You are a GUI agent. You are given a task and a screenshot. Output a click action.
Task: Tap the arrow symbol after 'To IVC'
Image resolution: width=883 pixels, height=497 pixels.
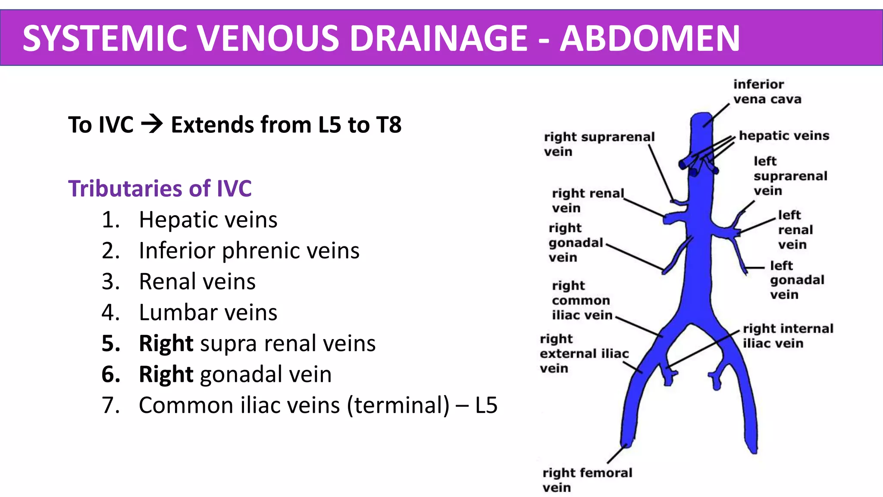[x=152, y=124]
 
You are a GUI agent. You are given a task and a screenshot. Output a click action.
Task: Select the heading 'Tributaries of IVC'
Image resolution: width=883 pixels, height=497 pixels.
[x=160, y=189]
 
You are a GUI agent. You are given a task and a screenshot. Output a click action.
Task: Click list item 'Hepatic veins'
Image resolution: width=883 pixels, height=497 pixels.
[x=208, y=220]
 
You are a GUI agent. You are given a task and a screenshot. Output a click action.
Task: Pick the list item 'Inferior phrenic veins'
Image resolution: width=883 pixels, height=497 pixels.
[x=249, y=251]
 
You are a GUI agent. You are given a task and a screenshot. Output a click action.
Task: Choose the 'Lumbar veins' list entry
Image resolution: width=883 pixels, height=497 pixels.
[x=208, y=312]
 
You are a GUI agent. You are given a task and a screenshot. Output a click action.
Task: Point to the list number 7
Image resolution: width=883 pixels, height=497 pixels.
[x=110, y=406]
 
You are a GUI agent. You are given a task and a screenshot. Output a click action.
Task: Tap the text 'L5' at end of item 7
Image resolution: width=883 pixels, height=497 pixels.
[x=486, y=406]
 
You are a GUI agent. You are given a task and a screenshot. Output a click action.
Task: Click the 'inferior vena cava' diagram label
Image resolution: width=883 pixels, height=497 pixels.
[x=767, y=91]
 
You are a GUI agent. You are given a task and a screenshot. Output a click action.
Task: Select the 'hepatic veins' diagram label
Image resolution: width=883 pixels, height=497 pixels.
[x=784, y=135]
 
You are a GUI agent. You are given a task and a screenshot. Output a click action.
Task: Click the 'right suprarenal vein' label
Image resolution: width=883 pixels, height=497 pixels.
[x=598, y=144]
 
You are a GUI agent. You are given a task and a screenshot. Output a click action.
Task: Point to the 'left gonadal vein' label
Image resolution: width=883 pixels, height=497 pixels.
[x=797, y=280]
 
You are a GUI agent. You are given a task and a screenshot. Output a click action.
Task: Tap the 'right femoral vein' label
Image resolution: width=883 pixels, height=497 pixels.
[x=587, y=480]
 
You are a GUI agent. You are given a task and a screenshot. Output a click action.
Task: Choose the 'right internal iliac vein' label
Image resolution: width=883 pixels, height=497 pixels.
[x=788, y=336]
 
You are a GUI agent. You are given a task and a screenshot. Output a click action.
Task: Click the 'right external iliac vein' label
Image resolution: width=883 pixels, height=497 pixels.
[x=584, y=353]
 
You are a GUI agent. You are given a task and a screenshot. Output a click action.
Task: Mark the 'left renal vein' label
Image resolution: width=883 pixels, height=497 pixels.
[x=795, y=230]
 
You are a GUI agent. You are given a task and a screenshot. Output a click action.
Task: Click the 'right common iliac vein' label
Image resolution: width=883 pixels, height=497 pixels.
[x=582, y=300]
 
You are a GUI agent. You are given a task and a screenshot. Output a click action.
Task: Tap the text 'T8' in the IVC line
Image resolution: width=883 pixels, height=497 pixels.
[x=388, y=125]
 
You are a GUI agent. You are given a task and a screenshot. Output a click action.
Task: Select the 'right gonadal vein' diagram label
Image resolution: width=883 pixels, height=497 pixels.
[x=575, y=242]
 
